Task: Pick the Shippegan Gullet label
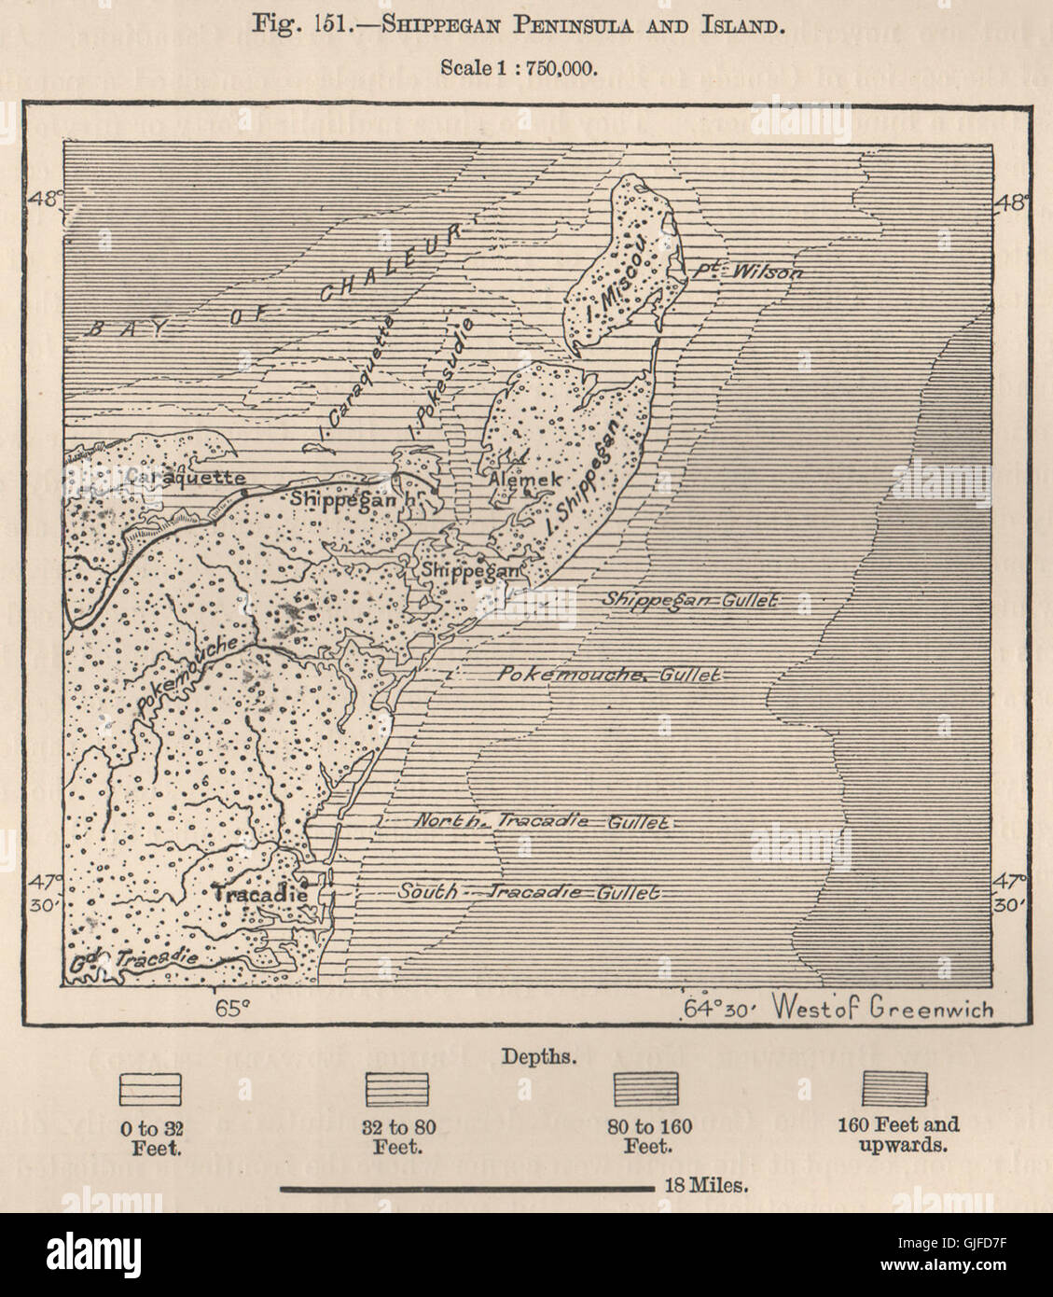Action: pos(691,600)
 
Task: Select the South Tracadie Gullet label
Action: pos(529,892)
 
